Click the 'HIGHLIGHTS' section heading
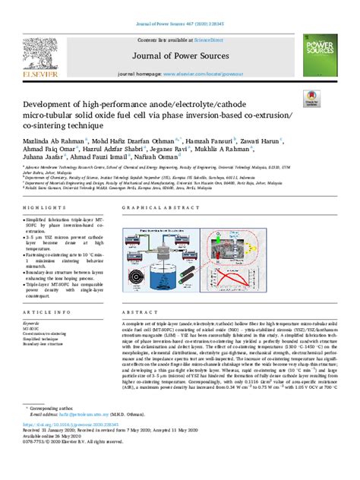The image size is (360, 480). [x=40, y=207]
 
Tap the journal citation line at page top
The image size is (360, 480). [x=179, y=5]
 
